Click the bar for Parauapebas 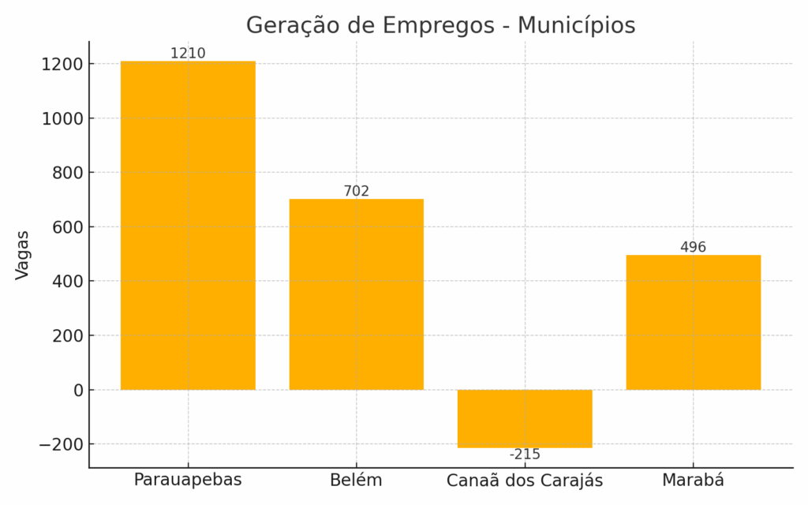click(188, 225)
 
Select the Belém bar click(356, 294)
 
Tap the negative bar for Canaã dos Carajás click(525, 418)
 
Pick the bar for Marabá click(693, 322)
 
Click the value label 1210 click(188, 54)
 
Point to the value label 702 click(356, 191)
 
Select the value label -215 click(525, 454)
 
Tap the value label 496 click(693, 247)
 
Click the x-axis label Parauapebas click(188, 480)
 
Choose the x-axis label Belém click(356, 480)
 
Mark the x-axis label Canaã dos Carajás click(525, 481)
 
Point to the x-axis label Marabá click(693, 480)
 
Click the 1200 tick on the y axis click(62, 64)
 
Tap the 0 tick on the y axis click(78, 390)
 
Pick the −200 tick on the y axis click(62, 444)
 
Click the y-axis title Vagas click(22, 255)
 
